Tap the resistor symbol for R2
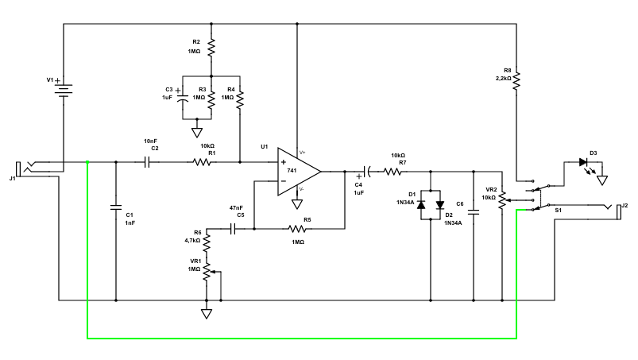click(x=211, y=49)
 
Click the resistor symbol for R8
click(x=517, y=79)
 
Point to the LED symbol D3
click(x=584, y=162)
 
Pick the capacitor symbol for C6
click(x=474, y=212)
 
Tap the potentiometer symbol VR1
click(x=207, y=271)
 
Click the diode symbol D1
click(x=421, y=204)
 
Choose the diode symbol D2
click(x=439, y=204)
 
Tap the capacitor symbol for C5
click(x=234, y=229)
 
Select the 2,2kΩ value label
click(x=505, y=78)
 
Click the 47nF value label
click(x=236, y=207)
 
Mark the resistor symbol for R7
click(x=393, y=170)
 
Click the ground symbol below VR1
click(x=207, y=313)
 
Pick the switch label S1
click(x=558, y=211)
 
